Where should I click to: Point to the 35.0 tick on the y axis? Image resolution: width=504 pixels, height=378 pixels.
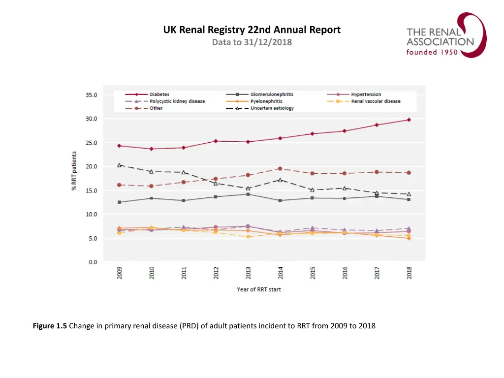pyautogui.click(x=93, y=94)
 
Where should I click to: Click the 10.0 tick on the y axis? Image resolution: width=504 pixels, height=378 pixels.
pyautogui.click(x=93, y=215)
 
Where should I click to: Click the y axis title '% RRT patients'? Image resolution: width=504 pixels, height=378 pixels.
pyautogui.click(x=74, y=171)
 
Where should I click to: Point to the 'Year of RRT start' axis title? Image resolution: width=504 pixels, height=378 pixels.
pyautogui.click(x=259, y=289)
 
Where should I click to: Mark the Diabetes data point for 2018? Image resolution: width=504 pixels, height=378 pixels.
pyautogui.click(x=409, y=120)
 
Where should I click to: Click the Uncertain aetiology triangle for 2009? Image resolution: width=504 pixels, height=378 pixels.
pyautogui.click(x=119, y=165)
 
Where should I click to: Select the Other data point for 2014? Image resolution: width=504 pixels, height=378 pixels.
pyautogui.click(x=280, y=169)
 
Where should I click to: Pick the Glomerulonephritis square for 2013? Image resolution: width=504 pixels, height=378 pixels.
pyautogui.click(x=248, y=194)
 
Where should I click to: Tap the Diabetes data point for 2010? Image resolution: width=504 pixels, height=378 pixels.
pyautogui.click(x=152, y=149)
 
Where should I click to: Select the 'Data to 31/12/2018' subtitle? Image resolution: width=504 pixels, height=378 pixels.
pyautogui.click(x=252, y=42)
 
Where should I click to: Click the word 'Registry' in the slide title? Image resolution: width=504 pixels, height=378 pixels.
pyautogui.click(x=232, y=30)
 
